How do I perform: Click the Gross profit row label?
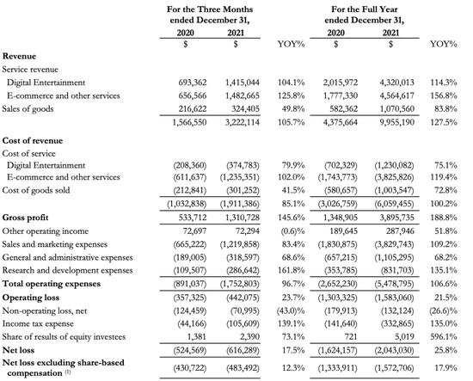[25, 218]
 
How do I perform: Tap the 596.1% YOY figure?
[444, 336]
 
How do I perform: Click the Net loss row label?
[18, 350]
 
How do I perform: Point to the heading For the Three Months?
[210, 9]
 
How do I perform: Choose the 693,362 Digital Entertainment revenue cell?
[193, 83]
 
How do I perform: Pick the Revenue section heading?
[19, 57]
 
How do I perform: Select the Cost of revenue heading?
[33, 140]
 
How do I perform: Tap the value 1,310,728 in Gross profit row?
[243, 218]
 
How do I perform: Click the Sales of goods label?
[28, 109]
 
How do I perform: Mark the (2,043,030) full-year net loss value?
[394, 350]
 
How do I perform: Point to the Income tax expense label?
[38, 323]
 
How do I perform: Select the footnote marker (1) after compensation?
[68, 372]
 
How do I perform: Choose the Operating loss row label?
[31, 298]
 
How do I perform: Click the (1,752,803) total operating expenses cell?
[240, 284]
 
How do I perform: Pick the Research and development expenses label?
[68, 270]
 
